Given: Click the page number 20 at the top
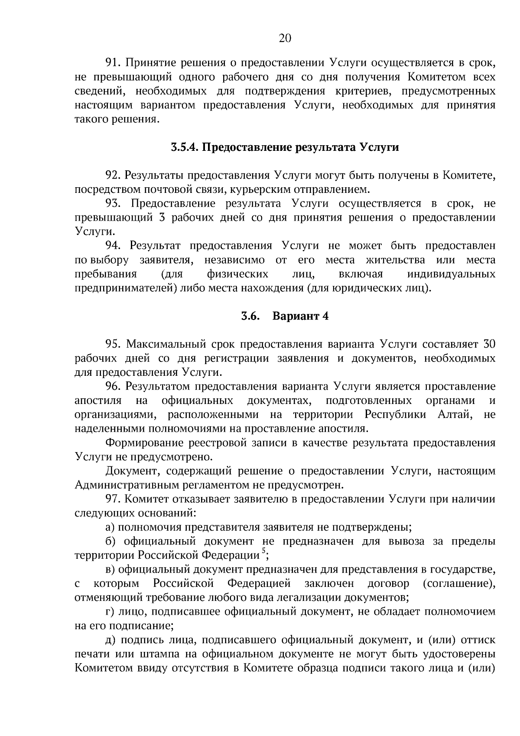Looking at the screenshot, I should [285, 39].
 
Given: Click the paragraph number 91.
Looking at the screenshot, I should [113, 63].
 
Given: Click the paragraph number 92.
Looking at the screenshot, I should [113, 176].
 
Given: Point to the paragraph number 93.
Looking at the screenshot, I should [115, 204].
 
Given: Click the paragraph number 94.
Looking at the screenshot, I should [114, 246].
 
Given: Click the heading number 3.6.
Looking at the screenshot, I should [250, 316].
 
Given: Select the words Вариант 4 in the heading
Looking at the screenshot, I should [300, 316].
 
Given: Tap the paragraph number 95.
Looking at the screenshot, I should [114, 345].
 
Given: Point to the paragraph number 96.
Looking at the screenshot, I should [114, 387].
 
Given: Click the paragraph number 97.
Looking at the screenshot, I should [114, 499].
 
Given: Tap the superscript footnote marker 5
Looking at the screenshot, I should [263, 551].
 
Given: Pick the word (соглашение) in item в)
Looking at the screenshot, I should [458, 584].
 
